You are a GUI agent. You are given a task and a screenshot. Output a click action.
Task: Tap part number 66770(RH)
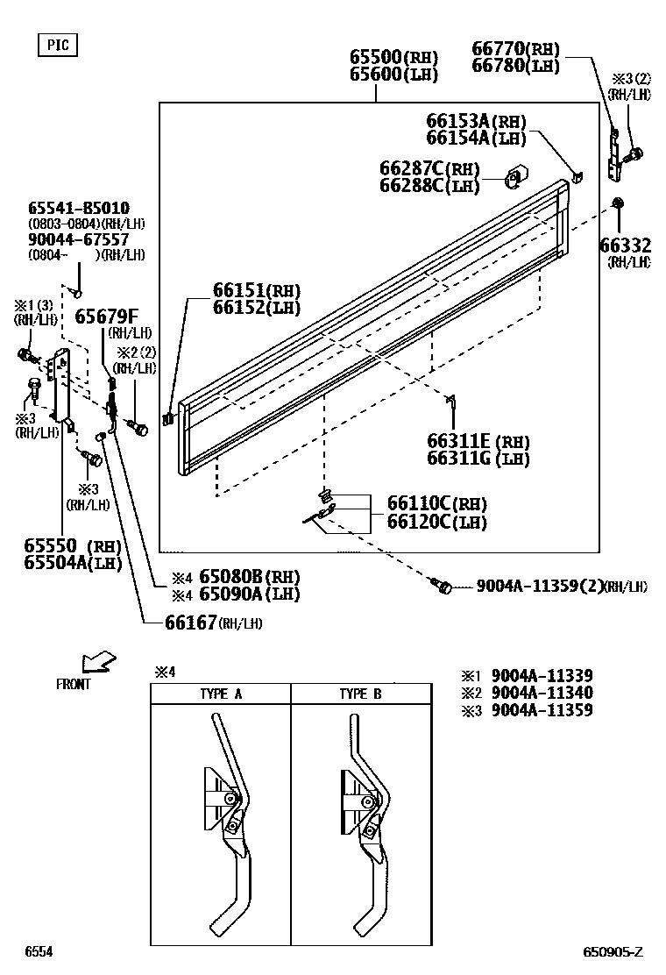(516, 49)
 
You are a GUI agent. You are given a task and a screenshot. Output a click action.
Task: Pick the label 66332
(625, 245)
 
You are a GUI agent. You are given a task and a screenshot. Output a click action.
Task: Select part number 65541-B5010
(79, 208)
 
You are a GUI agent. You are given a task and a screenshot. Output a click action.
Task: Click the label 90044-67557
(79, 238)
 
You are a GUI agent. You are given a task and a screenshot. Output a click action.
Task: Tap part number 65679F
(106, 317)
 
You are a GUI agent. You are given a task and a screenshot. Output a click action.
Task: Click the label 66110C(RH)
(437, 503)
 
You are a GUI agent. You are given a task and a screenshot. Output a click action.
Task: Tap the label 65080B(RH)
(249, 576)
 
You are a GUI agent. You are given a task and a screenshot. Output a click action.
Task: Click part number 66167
(190, 622)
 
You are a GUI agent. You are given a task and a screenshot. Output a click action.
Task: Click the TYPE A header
(221, 694)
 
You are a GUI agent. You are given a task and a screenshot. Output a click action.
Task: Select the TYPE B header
(361, 694)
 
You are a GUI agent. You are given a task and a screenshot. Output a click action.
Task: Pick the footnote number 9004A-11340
(542, 693)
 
